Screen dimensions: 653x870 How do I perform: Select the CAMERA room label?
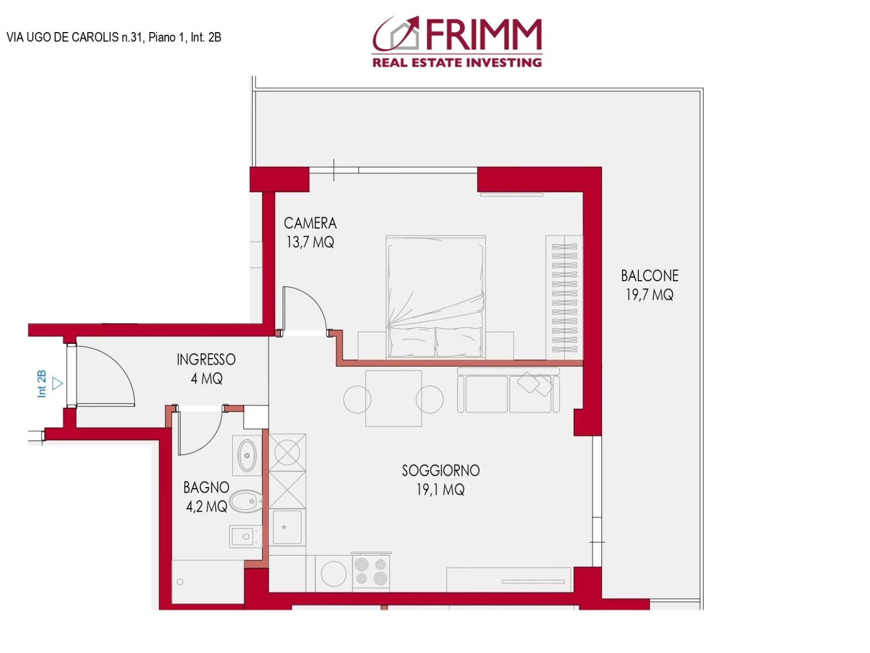click(x=310, y=223)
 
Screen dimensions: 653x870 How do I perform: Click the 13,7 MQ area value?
click(x=310, y=242)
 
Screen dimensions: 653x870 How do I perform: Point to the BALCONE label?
click(x=650, y=276)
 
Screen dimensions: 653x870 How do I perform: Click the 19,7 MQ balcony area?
click(x=650, y=295)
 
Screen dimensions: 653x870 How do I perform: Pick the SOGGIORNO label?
click(x=440, y=471)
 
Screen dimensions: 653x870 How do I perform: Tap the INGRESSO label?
click(x=206, y=360)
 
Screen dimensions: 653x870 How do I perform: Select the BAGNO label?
click(x=206, y=487)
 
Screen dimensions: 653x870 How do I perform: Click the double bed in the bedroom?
click(x=436, y=297)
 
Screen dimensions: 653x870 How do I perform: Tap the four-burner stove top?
click(x=371, y=571)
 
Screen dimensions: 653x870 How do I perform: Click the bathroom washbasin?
click(x=247, y=455)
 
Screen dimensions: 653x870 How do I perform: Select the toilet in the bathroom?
click(x=246, y=501)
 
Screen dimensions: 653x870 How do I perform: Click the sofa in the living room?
click(x=508, y=390)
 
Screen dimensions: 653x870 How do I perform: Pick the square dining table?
click(x=394, y=398)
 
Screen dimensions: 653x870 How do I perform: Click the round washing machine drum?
click(x=333, y=574)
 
